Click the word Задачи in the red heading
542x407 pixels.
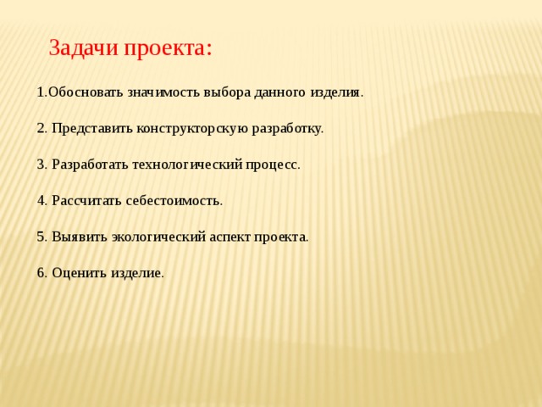[x=83, y=47]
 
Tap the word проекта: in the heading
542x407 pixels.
[x=168, y=48]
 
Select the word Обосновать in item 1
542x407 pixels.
[x=86, y=92]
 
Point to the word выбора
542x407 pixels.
[x=227, y=92]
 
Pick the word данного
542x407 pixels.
[x=280, y=93]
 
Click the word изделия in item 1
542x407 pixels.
[x=335, y=93]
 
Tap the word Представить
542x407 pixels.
[x=92, y=128]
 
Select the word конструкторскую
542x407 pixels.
[x=192, y=129]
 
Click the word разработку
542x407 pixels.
[x=287, y=129]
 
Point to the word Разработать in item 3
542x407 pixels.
[x=90, y=164]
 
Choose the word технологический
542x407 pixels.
[x=187, y=165]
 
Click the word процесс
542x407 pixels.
[x=272, y=165]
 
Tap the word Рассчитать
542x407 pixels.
[x=86, y=201]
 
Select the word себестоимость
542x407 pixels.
[x=173, y=201]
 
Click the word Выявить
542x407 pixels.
[x=80, y=237]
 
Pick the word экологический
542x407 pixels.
[x=158, y=237]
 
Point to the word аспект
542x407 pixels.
[x=230, y=237]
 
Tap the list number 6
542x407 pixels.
[x=41, y=273]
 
